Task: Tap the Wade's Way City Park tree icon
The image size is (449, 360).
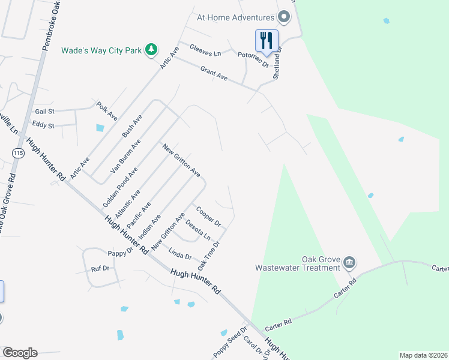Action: tap(152, 49)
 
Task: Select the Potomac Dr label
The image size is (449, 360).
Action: tap(253, 58)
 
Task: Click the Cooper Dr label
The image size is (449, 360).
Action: tap(209, 215)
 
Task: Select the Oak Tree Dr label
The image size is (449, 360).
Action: tap(209, 255)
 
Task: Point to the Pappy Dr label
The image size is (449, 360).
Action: tap(119, 253)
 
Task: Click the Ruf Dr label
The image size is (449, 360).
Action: tap(100, 268)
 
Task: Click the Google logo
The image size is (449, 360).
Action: tap(20, 352)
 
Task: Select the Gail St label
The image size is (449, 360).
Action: tap(45, 112)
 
